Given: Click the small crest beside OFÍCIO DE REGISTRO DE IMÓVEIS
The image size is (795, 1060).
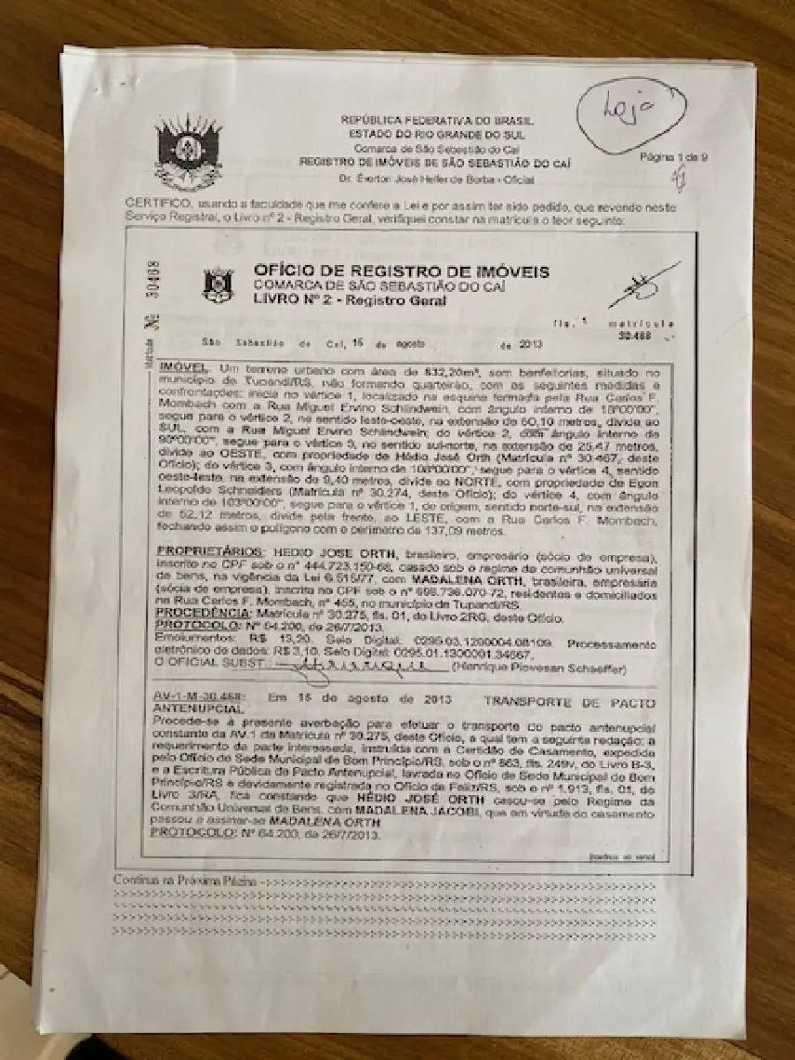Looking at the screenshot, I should click(217, 284).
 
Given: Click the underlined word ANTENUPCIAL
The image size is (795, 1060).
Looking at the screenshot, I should click(185, 709).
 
